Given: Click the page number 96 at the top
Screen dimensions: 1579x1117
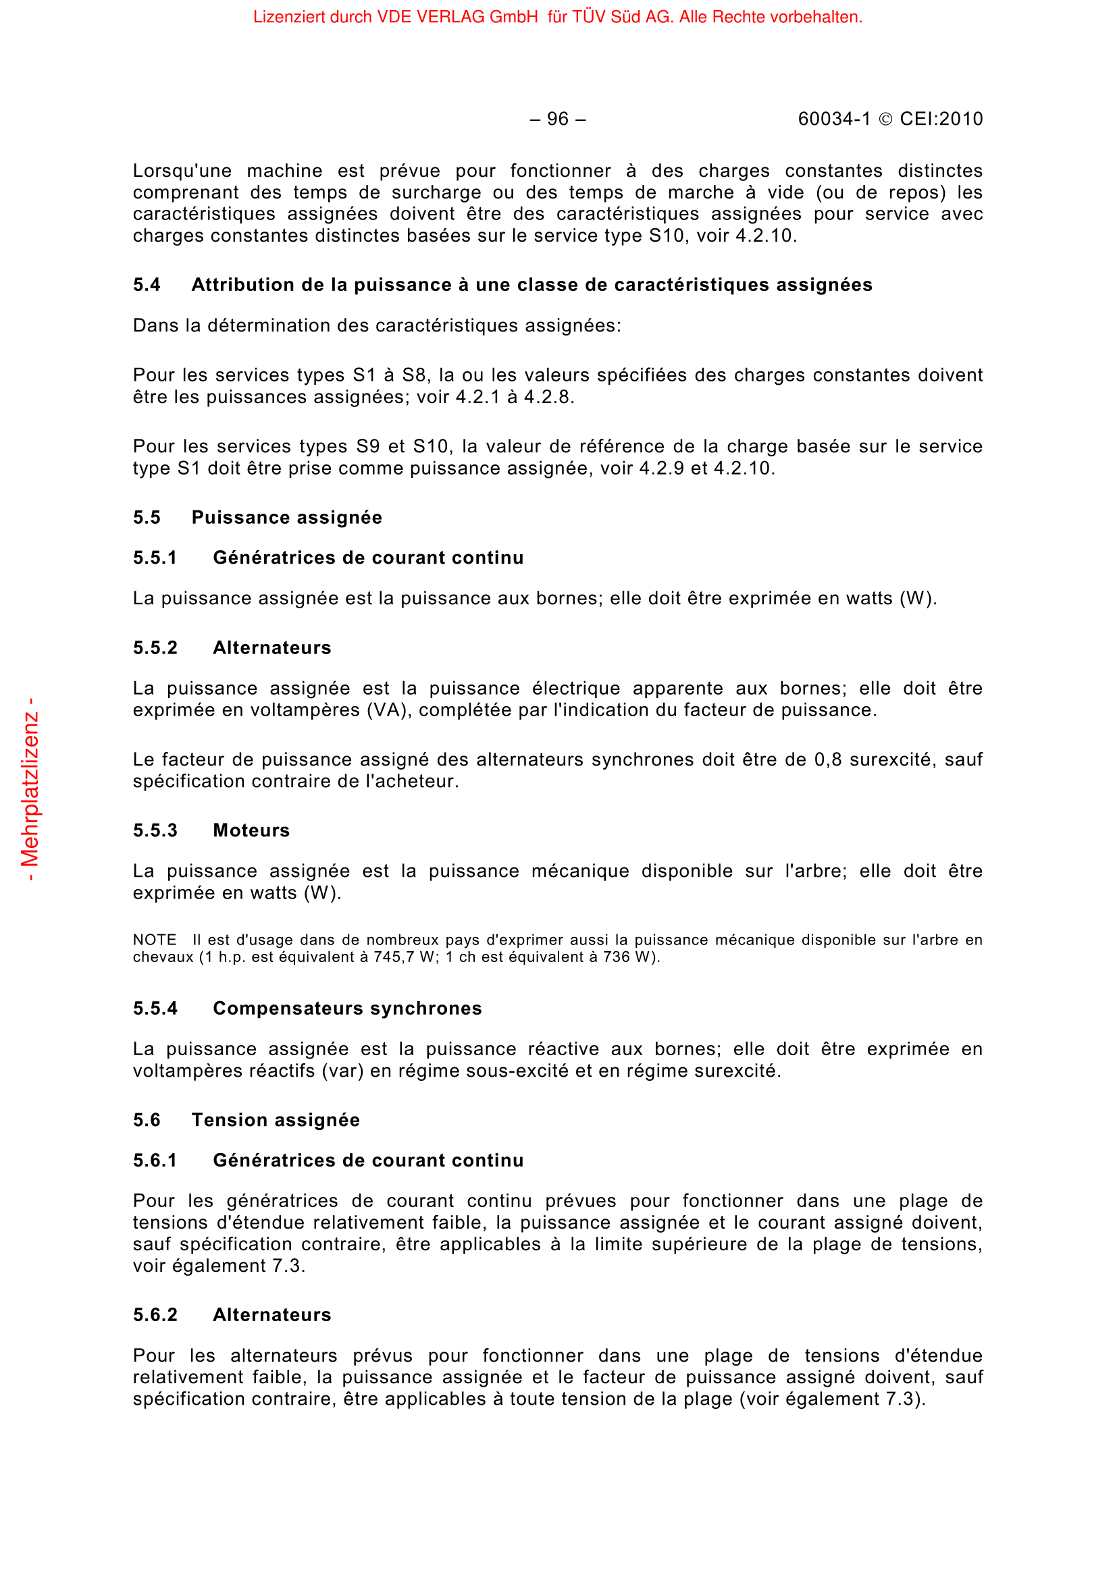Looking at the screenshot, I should point(557,119).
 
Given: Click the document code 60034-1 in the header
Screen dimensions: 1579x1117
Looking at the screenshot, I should point(833,119).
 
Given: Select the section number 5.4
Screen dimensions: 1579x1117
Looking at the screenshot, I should point(147,285).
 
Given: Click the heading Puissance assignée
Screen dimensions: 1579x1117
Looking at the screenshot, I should point(286,517).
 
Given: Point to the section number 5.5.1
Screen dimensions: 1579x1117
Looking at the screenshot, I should point(155,558).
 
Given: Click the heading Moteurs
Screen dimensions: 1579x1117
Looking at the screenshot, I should point(251,830).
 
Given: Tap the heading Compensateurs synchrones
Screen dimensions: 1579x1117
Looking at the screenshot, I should point(346,1008).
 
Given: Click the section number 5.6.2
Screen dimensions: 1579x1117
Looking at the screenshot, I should point(155,1314).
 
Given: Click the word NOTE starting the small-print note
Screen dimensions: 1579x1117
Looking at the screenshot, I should point(155,940).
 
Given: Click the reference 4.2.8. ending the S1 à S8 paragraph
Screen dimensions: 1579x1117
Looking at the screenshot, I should point(549,397).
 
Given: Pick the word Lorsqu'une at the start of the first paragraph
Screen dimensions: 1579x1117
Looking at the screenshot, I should point(182,171).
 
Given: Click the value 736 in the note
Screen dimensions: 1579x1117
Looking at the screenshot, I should point(617,957).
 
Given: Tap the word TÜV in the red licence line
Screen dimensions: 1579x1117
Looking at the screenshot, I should point(588,17).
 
